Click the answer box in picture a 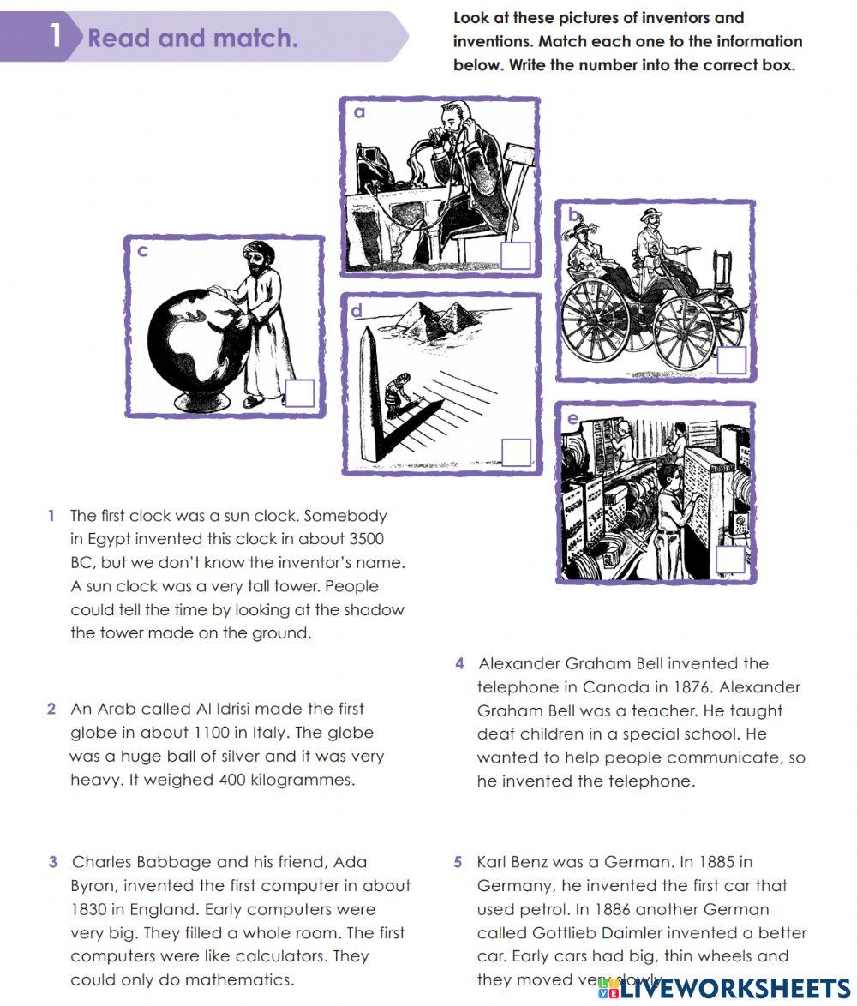click(x=515, y=255)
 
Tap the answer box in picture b click(x=731, y=360)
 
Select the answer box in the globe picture click(x=299, y=393)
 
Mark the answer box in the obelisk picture click(x=515, y=452)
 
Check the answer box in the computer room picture click(x=729, y=560)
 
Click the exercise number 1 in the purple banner click(x=56, y=37)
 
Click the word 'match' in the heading click(x=255, y=39)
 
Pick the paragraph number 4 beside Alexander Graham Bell click(x=460, y=663)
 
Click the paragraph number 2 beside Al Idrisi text click(x=52, y=709)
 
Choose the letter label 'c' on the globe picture click(x=143, y=251)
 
